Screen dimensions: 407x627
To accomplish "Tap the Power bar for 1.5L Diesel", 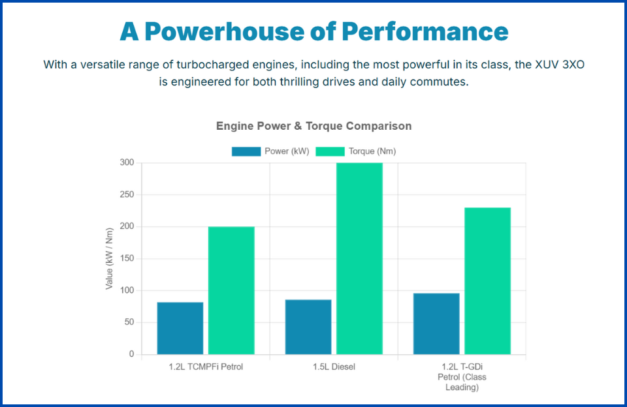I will pos(308,327).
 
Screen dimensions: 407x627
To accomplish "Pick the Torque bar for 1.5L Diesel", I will pos(359,258).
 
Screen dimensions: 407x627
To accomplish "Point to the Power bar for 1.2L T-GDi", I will pos(436,324).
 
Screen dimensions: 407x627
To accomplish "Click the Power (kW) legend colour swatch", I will pos(246,151).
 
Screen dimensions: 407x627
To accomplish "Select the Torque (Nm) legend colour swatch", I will pos(330,151).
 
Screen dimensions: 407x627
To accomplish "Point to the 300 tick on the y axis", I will pos(126,162).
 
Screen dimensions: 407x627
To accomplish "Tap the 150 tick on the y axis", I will pos(126,258).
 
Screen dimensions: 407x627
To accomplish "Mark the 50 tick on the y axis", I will pos(129,322).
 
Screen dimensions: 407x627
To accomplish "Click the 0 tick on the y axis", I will pos(131,354).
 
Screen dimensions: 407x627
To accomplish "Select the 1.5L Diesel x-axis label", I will pos(334,367).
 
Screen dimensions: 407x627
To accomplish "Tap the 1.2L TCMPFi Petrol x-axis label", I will pos(206,367).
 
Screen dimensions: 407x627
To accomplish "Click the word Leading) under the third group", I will pos(462,387).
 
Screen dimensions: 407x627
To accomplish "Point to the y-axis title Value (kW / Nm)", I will pos(110,258).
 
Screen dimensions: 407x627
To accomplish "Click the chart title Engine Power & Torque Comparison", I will pos(313,126).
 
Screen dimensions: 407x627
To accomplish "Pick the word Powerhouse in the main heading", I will pos(232,31).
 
